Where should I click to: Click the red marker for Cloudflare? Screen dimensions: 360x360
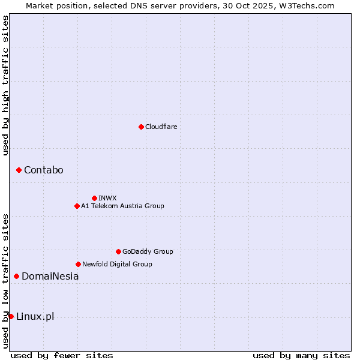(x=141, y=127)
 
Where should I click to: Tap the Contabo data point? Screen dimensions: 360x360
(x=19, y=170)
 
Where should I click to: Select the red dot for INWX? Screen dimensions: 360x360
(x=94, y=198)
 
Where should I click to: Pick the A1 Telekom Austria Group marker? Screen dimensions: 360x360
(x=77, y=206)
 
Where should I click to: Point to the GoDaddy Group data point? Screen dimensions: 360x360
(x=118, y=251)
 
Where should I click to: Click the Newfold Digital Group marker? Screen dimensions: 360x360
(x=78, y=264)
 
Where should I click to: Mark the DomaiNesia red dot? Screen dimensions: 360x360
(x=16, y=277)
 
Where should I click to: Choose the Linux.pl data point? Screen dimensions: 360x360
(x=11, y=316)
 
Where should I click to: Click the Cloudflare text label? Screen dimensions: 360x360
(x=161, y=127)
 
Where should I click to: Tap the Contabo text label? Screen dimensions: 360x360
(x=43, y=170)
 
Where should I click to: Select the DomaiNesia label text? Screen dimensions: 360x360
(x=50, y=277)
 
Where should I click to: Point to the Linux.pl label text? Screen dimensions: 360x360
(x=35, y=317)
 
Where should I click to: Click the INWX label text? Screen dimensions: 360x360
(x=107, y=198)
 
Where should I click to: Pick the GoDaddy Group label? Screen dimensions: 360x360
(x=148, y=251)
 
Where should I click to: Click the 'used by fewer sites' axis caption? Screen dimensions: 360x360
(x=62, y=355)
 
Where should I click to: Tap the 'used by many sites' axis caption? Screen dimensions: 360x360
(x=301, y=355)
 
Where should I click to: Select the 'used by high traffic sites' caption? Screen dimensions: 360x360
(x=5, y=86)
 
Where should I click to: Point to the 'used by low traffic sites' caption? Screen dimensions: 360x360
(x=5, y=281)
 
